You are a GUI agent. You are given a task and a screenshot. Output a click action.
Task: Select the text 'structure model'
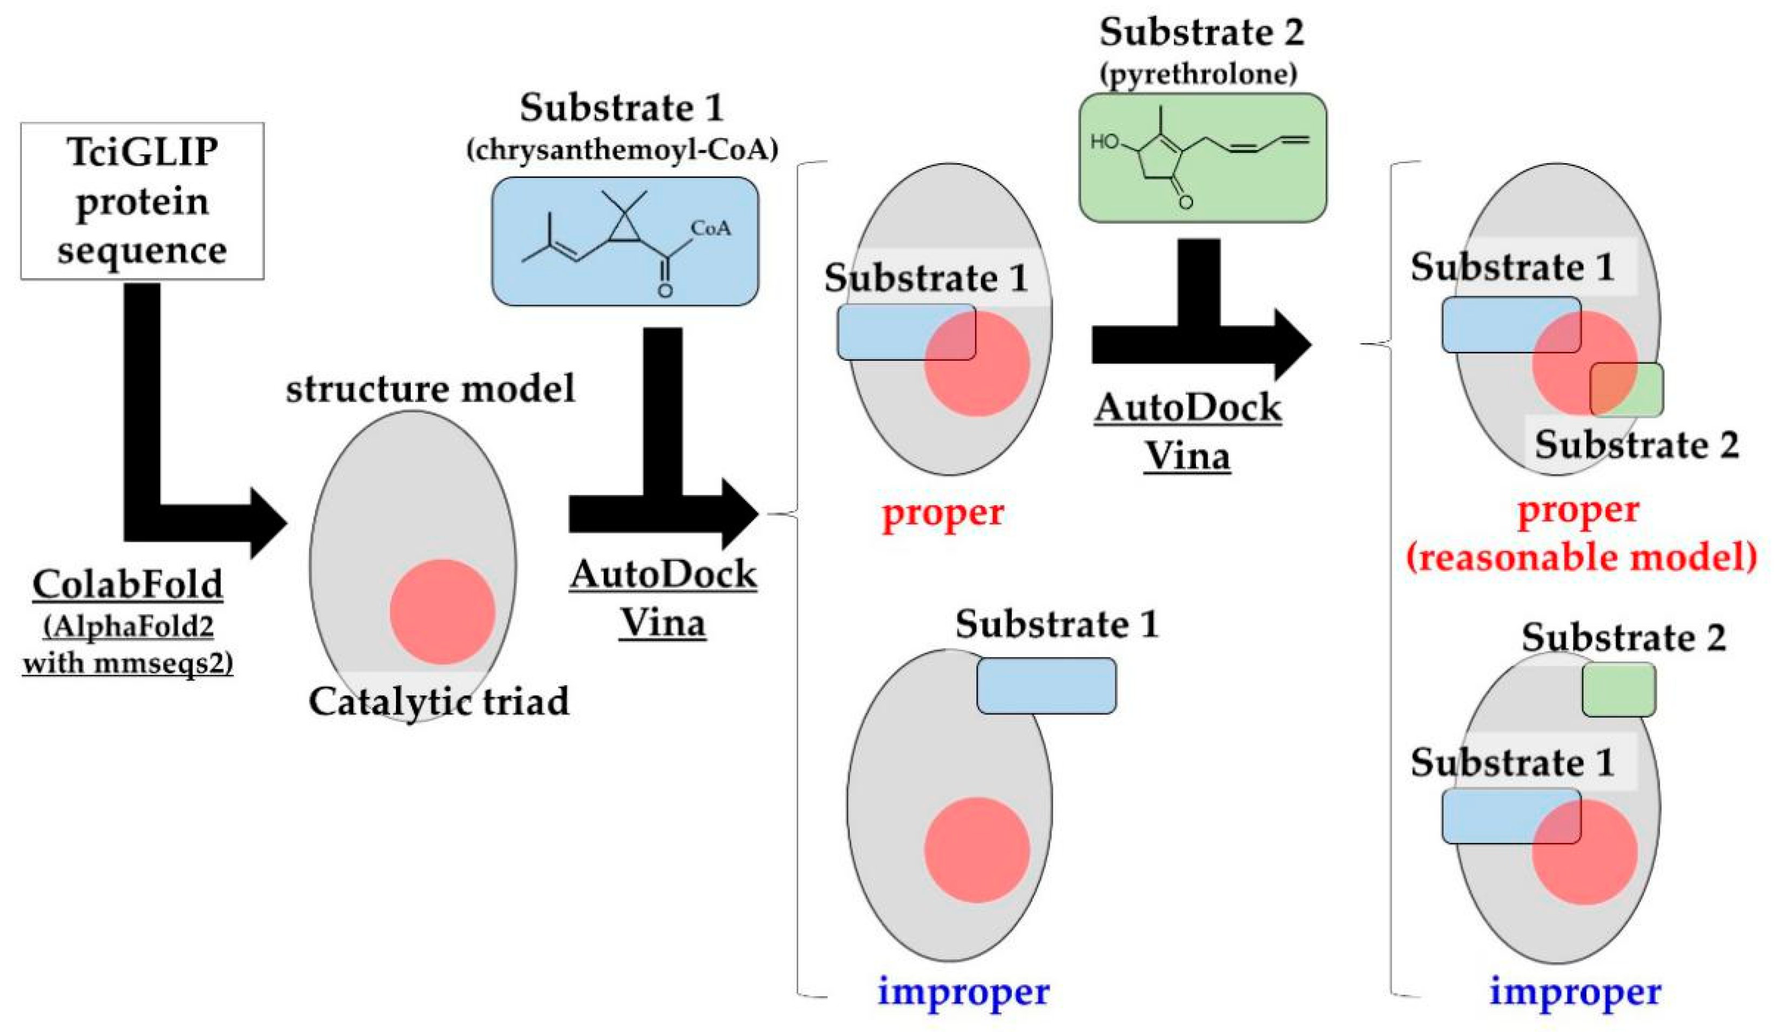[x=430, y=388]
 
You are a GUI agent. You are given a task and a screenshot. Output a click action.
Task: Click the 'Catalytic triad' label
[x=439, y=702]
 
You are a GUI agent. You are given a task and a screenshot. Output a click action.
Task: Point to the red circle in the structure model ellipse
[x=442, y=612]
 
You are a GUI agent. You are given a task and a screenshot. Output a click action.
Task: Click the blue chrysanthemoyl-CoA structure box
[x=624, y=242]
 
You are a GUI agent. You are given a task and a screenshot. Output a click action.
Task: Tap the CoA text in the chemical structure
[x=710, y=228]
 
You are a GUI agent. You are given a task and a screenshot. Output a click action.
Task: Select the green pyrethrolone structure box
[x=1202, y=158]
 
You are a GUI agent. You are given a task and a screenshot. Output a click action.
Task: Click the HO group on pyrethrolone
[x=1104, y=142]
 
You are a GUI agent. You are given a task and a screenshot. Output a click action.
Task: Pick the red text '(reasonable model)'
[x=1581, y=558]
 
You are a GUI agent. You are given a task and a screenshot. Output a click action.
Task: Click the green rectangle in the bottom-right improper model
[x=1618, y=690]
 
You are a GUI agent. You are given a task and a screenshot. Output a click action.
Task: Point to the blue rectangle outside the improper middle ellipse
[x=1046, y=686]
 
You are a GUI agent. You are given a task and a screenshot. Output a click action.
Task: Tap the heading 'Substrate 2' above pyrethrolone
[x=1201, y=32]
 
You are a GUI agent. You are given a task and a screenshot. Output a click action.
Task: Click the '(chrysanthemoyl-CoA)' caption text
[x=622, y=149]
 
